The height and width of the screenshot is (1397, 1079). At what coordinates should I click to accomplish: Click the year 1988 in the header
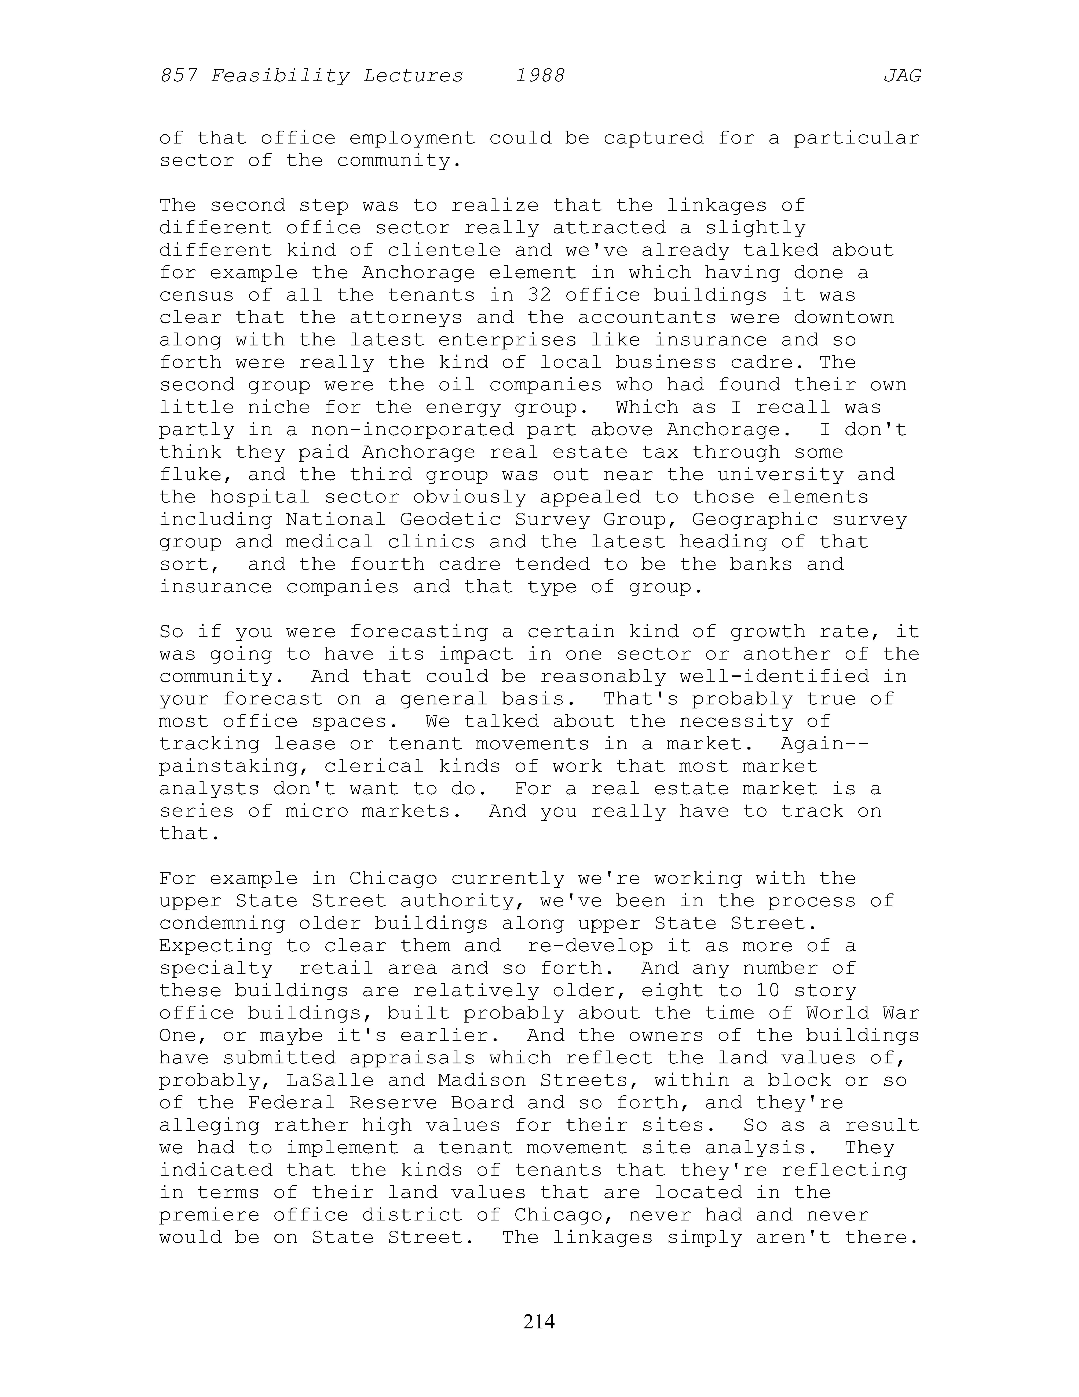(x=540, y=76)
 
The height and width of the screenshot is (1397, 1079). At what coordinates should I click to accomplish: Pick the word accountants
(x=647, y=318)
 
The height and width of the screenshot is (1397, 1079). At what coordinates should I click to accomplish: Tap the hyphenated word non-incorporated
(x=412, y=430)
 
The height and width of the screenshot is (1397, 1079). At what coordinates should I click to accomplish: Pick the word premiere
(x=209, y=1215)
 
